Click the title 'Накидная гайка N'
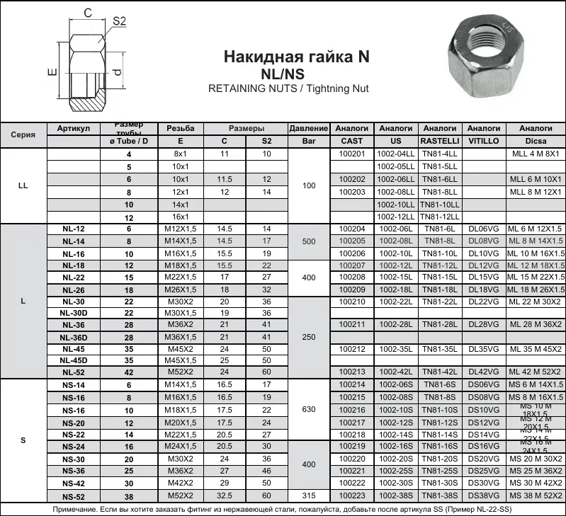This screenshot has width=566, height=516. pyautogui.click(x=296, y=57)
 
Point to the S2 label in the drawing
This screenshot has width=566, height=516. pyautogui.click(x=119, y=22)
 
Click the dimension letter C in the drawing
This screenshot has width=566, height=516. pyautogui.click(x=88, y=13)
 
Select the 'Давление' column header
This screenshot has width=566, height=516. pyautogui.click(x=309, y=129)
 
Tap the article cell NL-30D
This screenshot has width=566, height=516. pyautogui.click(x=74, y=313)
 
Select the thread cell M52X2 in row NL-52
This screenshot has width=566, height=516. pyautogui.click(x=180, y=372)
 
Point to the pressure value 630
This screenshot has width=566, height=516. pyautogui.click(x=309, y=410)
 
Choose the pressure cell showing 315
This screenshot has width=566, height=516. pyautogui.click(x=309, y=495)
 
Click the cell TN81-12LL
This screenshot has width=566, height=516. pyautogui.click(x=440, y=217)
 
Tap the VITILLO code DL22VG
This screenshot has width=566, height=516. pyautogui.click(x=484, y=302)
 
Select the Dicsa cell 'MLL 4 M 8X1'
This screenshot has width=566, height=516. pyautogui.click(x=536, y=154)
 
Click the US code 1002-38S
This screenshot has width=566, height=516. pyautogui.click(x=396, y=495)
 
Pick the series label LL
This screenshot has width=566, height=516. pyautogui.click(x=23, y=185)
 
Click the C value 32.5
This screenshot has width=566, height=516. pyautogui.click(x=225, y=495)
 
